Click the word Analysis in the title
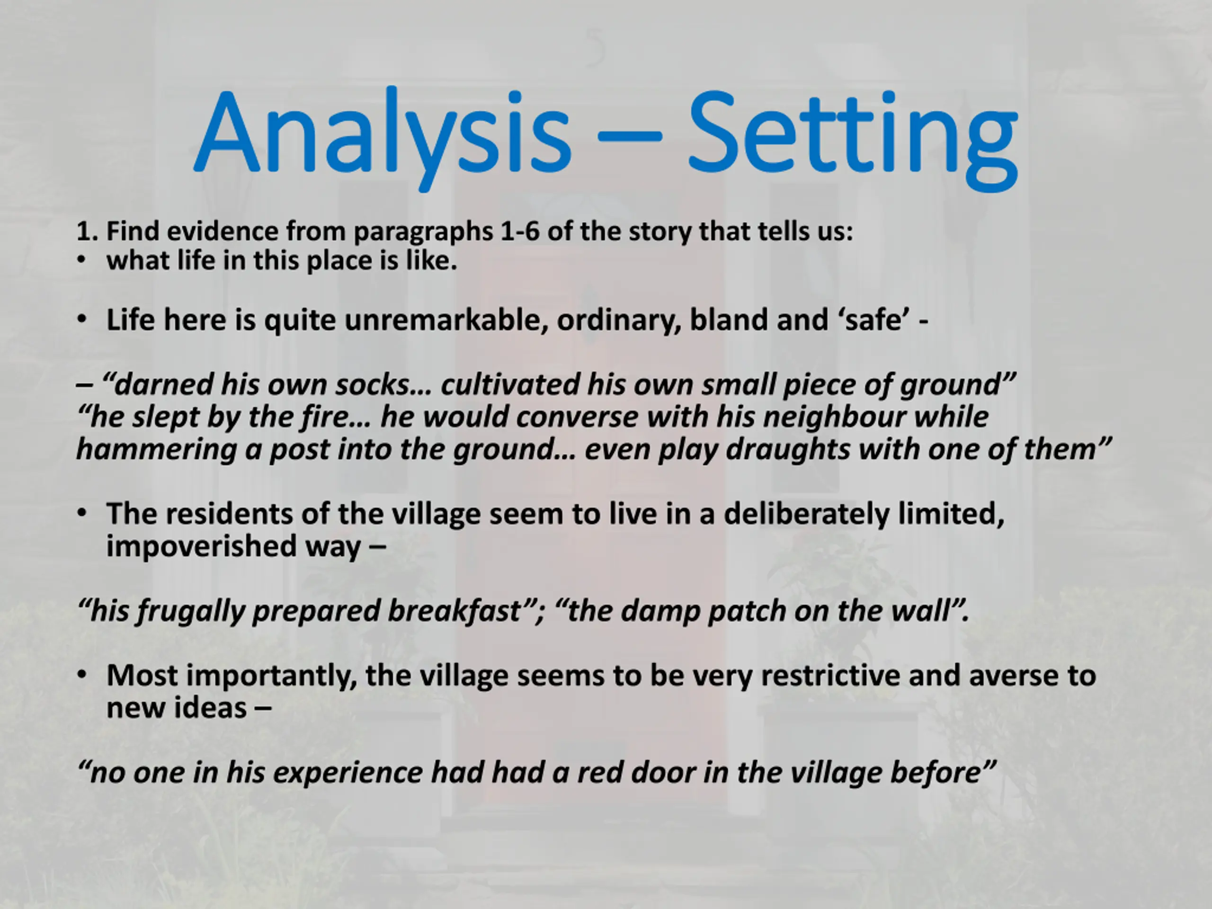383,137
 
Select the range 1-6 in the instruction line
520,231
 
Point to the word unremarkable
446,320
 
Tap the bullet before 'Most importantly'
81,675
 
